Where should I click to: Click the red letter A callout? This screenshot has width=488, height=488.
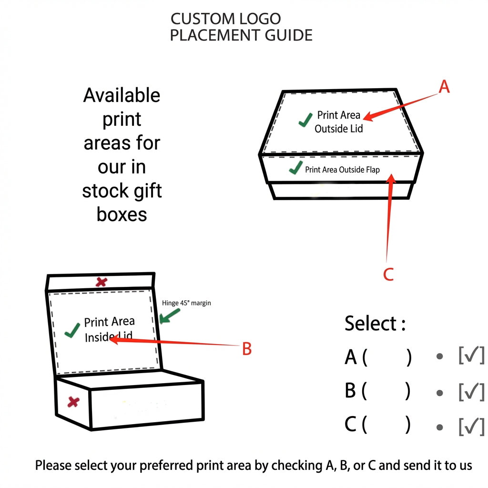tap(444, 87)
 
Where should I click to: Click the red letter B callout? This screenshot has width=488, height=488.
tap(246, 349)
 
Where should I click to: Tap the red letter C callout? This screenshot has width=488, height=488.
tap(388, 274)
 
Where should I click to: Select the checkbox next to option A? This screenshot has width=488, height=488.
tap(471, 356)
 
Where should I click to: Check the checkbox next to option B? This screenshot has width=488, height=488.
tap(471, 391)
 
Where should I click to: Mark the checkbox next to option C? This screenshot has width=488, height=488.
tap(471, 426)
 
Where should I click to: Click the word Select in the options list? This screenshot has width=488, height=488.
tap(371, 324)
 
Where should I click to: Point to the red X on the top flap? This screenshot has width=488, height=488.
tap(101, 282)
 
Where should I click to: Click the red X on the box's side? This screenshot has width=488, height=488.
tap(73, 402)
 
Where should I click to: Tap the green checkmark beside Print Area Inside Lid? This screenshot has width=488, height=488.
tap(72, 330)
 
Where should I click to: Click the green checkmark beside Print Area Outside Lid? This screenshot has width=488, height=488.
tap(305, 120)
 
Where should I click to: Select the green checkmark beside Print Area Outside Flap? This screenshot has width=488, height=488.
tap(296, 168)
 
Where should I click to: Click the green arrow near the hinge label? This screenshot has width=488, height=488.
tap(170, 316)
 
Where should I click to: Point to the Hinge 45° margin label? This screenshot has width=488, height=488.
tap(186, 303)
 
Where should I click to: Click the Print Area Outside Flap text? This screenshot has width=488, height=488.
tap(342, 169)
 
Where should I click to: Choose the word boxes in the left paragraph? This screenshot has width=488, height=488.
tap(122, 214)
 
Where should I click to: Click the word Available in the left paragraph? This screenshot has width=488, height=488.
tap(122, 95)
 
